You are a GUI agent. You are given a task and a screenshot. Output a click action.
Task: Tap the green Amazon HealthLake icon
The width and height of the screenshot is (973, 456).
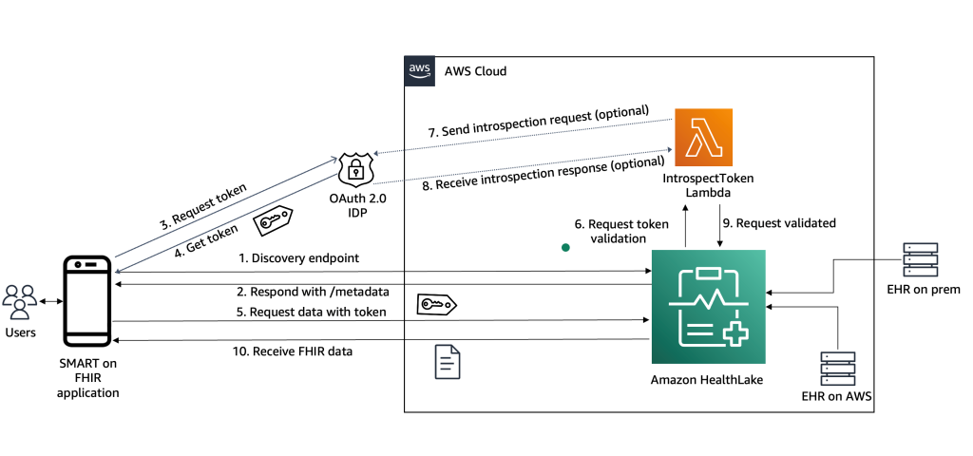708,307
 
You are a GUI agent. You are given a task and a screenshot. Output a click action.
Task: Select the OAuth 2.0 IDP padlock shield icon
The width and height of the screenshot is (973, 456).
357,171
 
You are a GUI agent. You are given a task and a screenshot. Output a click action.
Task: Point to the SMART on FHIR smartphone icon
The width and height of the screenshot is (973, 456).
88,301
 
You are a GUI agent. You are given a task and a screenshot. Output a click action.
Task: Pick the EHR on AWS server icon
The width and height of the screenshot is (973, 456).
838,368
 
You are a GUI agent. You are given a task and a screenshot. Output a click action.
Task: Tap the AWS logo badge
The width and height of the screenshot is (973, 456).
419,70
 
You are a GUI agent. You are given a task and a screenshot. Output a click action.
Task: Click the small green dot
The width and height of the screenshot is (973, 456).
565,248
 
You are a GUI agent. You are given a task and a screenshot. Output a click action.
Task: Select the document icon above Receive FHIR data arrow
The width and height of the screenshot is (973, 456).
448,362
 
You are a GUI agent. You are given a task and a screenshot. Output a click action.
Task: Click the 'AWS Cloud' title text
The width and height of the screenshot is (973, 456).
475,71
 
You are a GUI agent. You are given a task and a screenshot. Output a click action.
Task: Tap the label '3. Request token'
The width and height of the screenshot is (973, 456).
202,206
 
